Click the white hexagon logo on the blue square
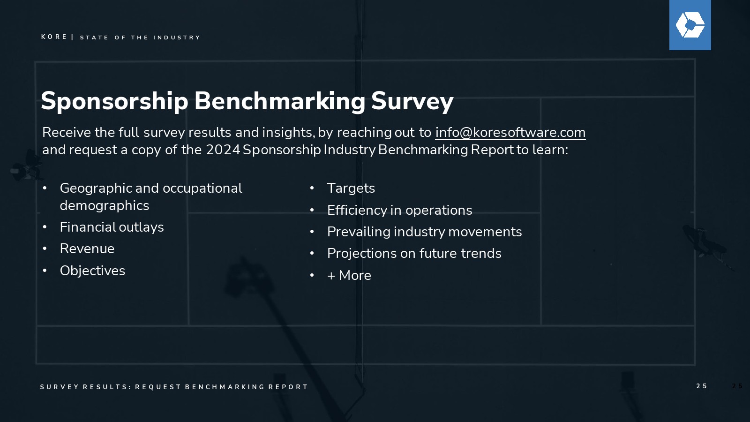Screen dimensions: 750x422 (x=690, y=25)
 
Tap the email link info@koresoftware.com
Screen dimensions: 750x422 (x=510, y=133)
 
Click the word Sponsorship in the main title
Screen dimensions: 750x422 (x=114, y=101)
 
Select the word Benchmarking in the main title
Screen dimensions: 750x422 (x=280, y=101)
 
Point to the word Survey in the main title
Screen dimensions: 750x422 (x=412, y=101)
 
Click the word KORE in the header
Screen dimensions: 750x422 (x=54, y=37)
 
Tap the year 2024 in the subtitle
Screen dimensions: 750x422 (x=223, y=150)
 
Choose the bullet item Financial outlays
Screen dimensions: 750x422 (x=112, y=227)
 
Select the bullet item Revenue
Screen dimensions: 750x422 (x=87, y=249)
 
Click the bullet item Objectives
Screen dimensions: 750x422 (x=92, y=271)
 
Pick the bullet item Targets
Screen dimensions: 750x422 (x=351, y=188)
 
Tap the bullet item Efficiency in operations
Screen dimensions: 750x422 (x=399, y=211)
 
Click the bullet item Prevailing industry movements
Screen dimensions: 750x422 (x=425, y=232)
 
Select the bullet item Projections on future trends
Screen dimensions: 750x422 (x=414, y=254)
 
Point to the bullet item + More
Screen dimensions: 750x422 (x=349, y=275)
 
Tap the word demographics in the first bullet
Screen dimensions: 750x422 (x=105, y=206)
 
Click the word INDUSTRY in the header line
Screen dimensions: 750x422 (x=176, y=38)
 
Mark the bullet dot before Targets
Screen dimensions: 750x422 (x=312, y=188)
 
